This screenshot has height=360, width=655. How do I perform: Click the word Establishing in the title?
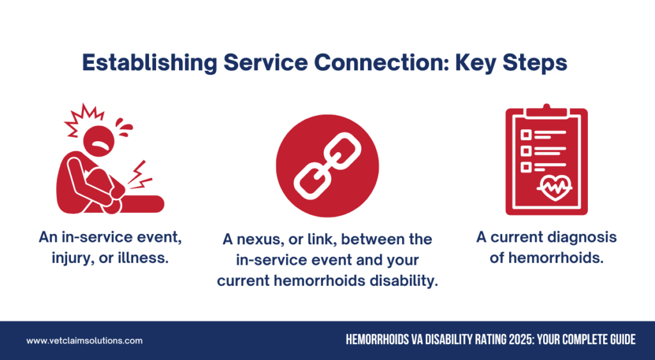coord(150,63)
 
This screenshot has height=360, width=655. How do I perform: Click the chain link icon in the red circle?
coord(327,166)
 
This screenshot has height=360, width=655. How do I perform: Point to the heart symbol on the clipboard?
coord(555,188)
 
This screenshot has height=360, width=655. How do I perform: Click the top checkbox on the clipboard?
coord(526,134)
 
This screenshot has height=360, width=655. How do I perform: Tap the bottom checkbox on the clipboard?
coord(526,167)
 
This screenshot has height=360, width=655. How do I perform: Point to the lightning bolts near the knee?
coord(139,175)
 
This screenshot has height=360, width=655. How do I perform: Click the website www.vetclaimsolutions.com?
coord(84,341)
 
